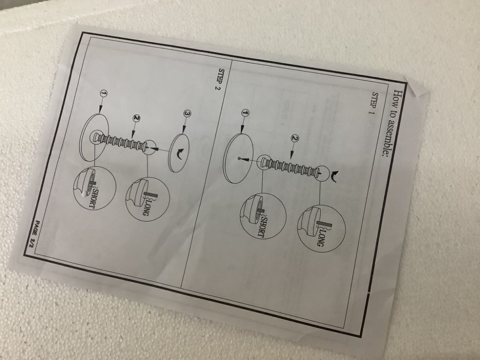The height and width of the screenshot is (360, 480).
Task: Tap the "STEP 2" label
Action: coord(221,80)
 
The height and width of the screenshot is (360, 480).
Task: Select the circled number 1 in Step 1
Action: coord(245,113)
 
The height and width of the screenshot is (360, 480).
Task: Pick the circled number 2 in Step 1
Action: coord(295,139)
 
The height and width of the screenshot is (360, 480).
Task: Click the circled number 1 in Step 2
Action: coord(104,94)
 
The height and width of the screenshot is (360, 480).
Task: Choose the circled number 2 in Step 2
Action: coord(136,118)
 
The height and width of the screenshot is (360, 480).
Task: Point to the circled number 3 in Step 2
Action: coord(187,114)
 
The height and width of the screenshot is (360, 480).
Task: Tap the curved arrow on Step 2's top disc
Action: coord(180,154)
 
